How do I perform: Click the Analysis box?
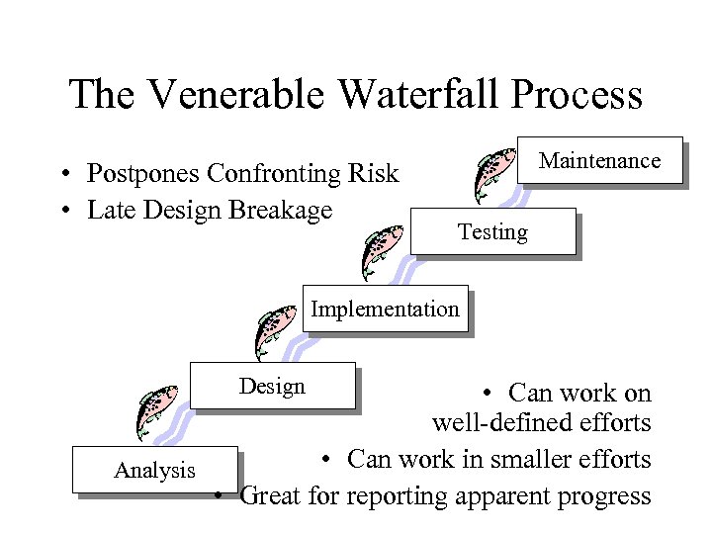(154, 471)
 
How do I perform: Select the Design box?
(272, 386)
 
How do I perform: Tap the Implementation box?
(385, 309)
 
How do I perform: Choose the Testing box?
(492, 232)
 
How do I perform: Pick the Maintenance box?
(599, 160)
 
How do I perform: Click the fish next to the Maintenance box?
(493, 173)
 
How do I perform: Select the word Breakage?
(281, 210)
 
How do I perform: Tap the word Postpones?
(143, 174)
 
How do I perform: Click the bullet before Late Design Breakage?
(62, 211)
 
